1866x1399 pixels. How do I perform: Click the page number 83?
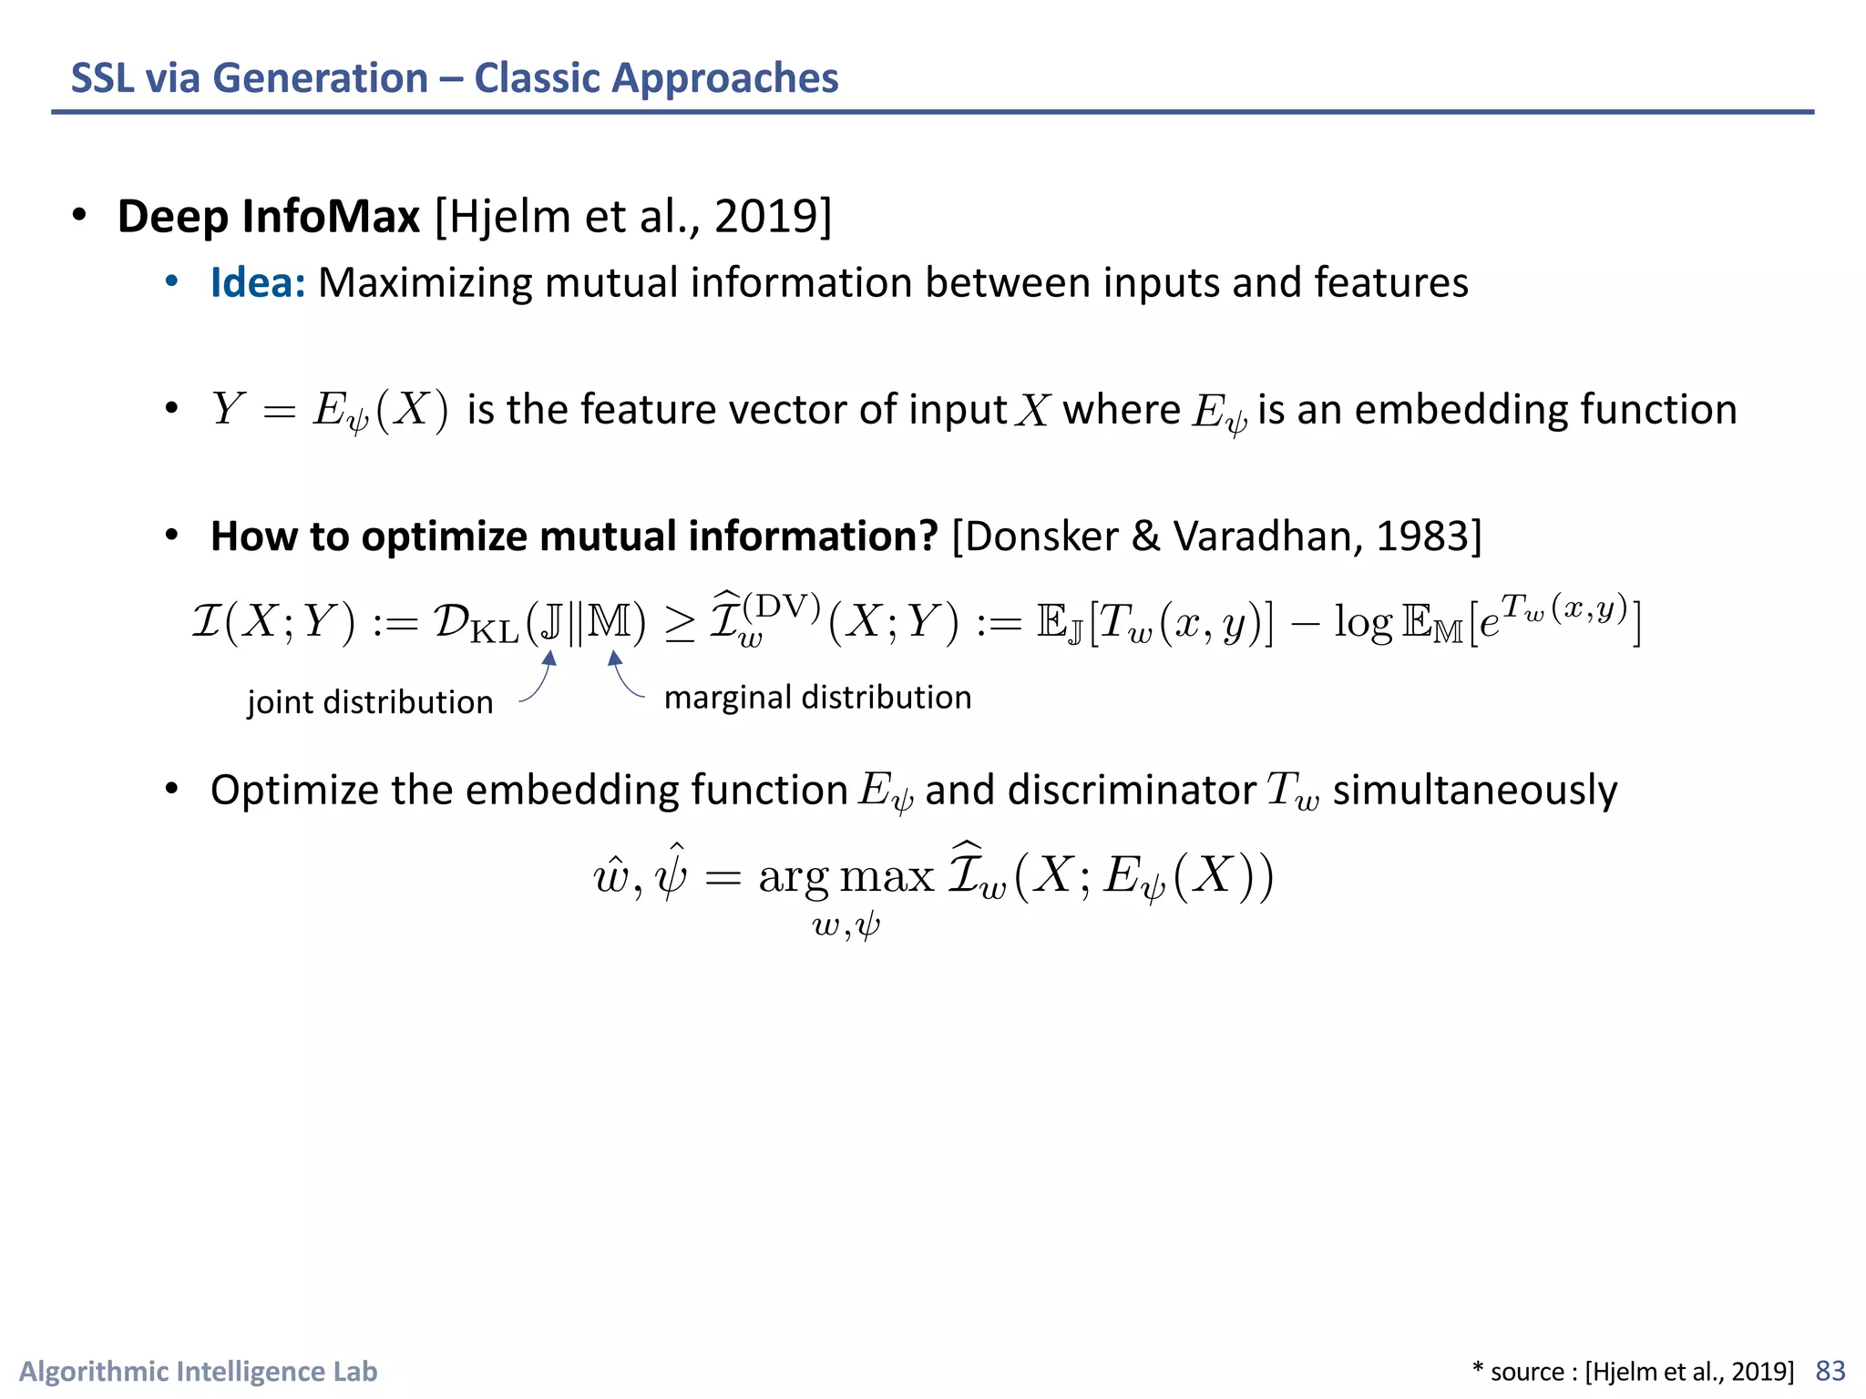(x=1830, y=1371)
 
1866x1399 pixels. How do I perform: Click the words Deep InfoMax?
(x=269, y=217)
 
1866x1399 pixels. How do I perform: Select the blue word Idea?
(x=258, y=282)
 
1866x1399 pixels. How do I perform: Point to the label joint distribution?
(x=370, y=702)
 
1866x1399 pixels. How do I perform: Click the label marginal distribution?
(x=817, y=698)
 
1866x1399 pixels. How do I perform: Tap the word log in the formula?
(x=1363, y=623)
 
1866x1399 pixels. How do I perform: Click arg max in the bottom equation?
(x=846, y=876)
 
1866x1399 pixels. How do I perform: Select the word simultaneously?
(x=1474, y=790)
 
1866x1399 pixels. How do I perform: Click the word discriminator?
(x=1132, y=790)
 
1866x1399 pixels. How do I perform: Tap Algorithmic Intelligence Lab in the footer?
(x=199, y=1371)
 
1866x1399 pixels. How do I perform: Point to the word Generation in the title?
(x=320, y=78)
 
